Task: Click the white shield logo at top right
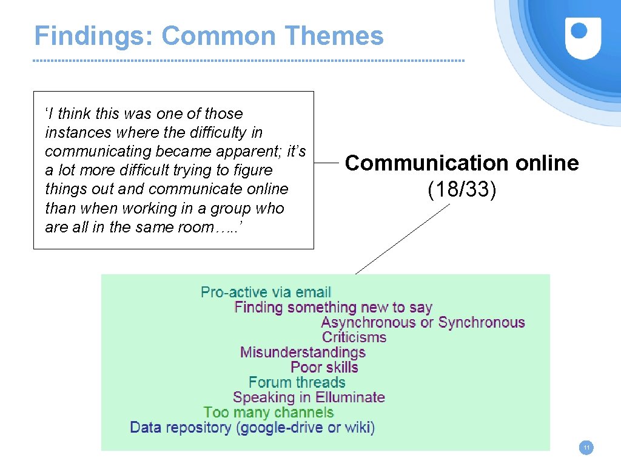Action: (x=583, y=38)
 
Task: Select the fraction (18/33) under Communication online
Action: (x=462, y=190)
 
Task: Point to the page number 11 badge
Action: (x=586, y=448)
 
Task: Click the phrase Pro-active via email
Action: (x=266, y=292)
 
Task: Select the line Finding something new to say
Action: (x=333, y=308)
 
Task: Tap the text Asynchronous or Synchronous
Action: (x=423, y=323)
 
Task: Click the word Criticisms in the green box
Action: (x=354, y=337)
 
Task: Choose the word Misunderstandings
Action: (x=303, y=353)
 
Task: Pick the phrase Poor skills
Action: (x=324, y=367)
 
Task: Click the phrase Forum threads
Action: (x=297, y=382)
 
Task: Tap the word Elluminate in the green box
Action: (x=350, y=397)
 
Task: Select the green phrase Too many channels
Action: (x=269, y=413)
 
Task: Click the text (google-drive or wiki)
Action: (x=306, y=427)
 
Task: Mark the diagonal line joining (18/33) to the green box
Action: (x=403, y=238)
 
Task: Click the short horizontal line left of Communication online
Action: (x=327, y=163)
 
